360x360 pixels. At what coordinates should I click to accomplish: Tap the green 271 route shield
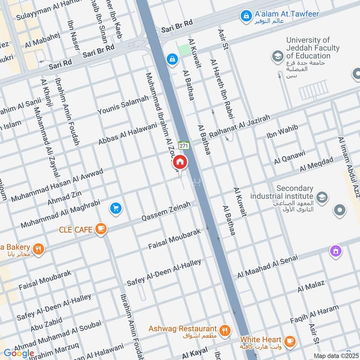183,146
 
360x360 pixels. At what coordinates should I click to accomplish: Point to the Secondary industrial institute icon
322,197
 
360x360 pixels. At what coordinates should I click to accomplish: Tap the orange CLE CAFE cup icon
101,229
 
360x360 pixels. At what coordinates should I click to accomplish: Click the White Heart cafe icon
289,341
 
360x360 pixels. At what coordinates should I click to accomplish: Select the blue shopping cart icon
116,208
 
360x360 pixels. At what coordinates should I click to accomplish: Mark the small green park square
184,50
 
